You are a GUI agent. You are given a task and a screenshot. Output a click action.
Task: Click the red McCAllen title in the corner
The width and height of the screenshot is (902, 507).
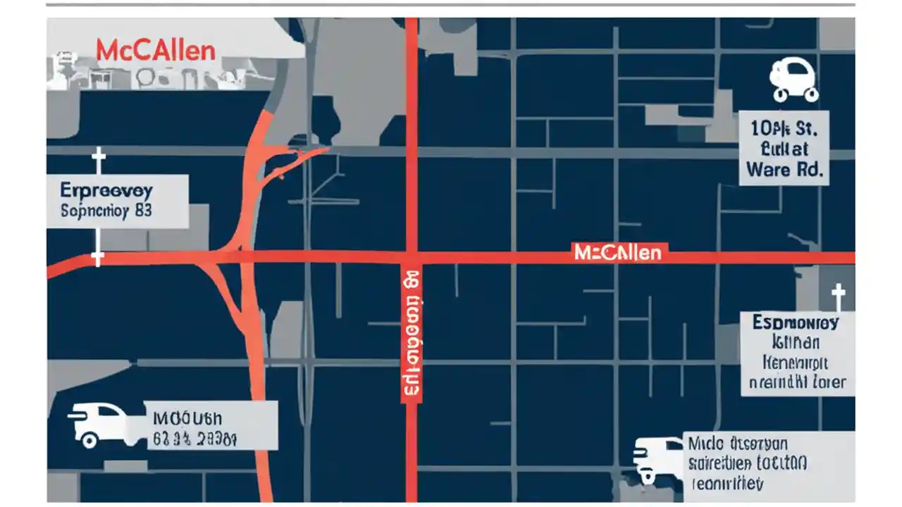click(x=155, y=51)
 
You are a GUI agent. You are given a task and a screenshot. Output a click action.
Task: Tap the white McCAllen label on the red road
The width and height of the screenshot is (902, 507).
click(x=618, y=252)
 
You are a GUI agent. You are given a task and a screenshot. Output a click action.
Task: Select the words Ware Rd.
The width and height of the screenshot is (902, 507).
click(x=784, y=170)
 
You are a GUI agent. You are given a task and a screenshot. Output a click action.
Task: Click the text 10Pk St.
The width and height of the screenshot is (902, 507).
click(x=784, y=128)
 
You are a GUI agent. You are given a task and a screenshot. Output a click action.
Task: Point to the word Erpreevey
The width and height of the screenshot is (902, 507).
click(x=106, y=191)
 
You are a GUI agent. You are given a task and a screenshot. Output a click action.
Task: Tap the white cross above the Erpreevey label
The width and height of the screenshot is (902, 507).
click(x=98, y=161)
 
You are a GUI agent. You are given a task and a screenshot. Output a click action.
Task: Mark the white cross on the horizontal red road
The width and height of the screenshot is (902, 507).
click(x=98, y=258)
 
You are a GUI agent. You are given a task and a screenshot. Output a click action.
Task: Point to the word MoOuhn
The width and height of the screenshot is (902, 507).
click(x=182, y=418)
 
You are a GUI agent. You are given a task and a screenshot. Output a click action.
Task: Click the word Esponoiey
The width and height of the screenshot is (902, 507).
click(x=795, y=323)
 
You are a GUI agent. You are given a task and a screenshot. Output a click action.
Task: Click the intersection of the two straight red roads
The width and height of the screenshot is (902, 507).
click(x=412, y=257)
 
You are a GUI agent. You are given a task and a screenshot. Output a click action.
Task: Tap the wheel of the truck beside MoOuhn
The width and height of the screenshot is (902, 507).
click(x=89, y=440)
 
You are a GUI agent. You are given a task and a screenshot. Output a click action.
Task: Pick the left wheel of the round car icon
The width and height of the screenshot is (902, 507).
click(x=780, y=93)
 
